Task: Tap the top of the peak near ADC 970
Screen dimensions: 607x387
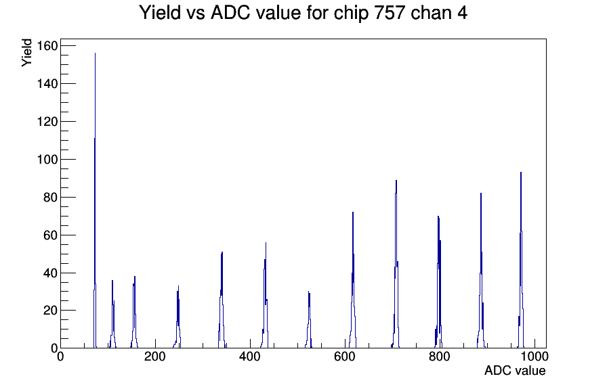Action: (521, 172)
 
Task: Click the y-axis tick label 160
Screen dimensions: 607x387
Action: (47, 46)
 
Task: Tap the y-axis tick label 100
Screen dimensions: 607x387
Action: (47, 159)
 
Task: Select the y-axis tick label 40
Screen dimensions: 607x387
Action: (51, 273)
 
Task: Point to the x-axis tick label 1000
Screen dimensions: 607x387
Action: (535, 357)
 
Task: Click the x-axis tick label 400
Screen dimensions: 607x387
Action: (250, 357)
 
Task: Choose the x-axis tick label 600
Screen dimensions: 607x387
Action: (345, 357)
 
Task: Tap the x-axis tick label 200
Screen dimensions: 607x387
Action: (155, 357)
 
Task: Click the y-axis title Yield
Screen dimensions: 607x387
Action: (26, 53)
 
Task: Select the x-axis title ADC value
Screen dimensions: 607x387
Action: (515, 371)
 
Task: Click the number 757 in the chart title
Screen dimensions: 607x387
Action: (390, 13)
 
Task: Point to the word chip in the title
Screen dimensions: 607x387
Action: (351, 14)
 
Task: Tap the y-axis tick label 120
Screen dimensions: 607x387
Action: (47, 121)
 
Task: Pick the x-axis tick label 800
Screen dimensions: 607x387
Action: (440, 357)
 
